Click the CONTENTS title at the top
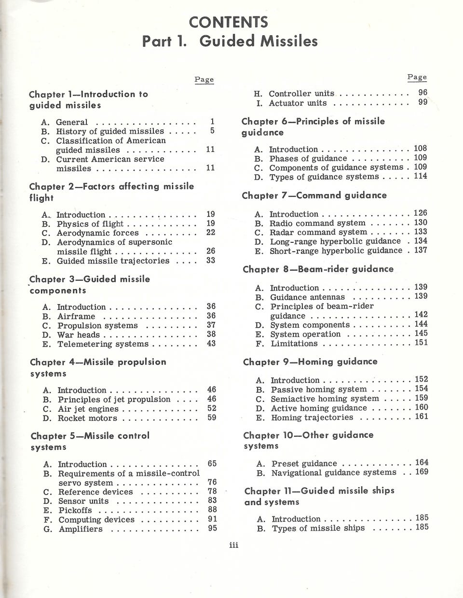pos(228,22)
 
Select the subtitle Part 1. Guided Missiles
pos(230,41)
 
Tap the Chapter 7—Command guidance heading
pos(314,195)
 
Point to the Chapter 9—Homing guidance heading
pos(310,362)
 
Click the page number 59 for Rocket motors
pos(212,417)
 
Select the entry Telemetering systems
pos(103,344)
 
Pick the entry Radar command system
pos(318,232)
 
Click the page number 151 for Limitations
pos(421,343)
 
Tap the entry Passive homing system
pos(318,389)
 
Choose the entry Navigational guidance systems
pos(334,473)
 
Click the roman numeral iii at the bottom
pos(234,545)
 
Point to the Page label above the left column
pos(204,80)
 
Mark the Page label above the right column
pos(417,77)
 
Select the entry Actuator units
pos(298,103)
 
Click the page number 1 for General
pos(212,122)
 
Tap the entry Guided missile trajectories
pos(113,261)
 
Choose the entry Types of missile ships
pos(318,528)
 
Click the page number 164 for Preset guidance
pos(422,462)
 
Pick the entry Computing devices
pos(96,520)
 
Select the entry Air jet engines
pos(88,409)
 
